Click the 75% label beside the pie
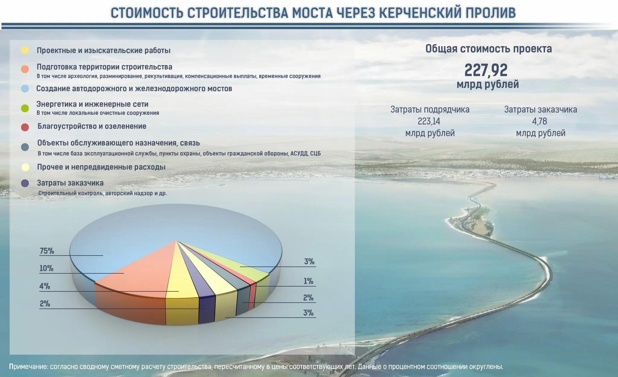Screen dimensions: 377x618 [47, 251]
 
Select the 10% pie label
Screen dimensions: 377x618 [46, 269]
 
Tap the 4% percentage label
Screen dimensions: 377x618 [45, 286]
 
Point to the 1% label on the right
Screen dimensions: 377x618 [308, 281]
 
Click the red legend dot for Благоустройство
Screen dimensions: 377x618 [25, 127]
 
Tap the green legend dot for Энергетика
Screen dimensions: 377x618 [25, 108]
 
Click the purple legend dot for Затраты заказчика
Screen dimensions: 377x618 [25, 183]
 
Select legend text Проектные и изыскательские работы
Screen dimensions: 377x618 [104, 51]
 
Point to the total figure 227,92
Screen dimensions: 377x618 [486, 70]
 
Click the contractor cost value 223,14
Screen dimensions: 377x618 [429, 121]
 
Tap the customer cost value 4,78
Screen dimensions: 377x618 [540, 121]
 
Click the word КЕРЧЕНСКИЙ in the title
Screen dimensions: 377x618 [420, 13]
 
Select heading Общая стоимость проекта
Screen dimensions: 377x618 [489, 49]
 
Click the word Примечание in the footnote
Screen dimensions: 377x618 [28, 367]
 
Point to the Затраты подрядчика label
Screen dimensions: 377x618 [430, 110]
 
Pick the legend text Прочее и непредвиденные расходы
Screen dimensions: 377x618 [101, 167]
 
